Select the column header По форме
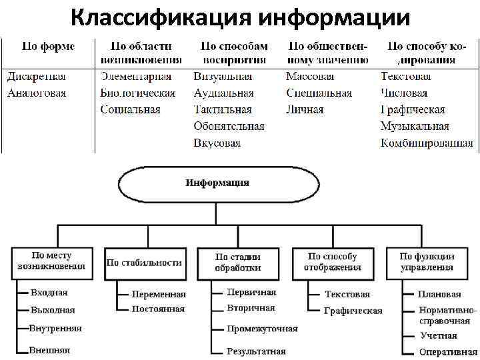point(48,47)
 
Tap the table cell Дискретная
point(36,77)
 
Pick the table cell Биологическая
point(138,93)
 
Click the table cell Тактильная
point(223,109)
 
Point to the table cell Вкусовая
point(217,143)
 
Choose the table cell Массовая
point(310,77)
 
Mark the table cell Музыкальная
point(415,126)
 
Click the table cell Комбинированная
point(427,143)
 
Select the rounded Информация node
point(217,183)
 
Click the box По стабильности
point(144,262)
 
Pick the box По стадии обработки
point(238,261)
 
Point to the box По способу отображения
point(333,261)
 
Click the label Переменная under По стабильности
point(159,294)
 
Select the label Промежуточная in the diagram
point(262,329)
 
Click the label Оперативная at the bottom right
point(445,352)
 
